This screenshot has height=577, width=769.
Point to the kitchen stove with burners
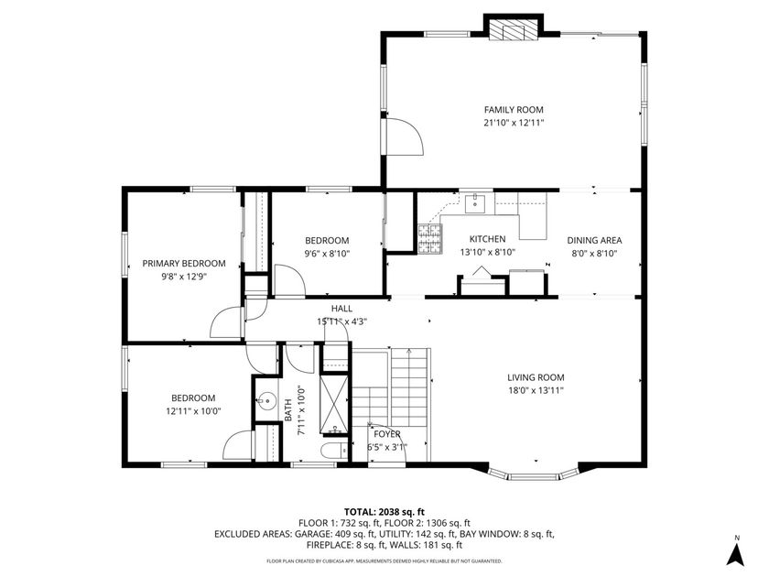point(429,239)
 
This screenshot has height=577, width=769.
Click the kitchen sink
point(475,203)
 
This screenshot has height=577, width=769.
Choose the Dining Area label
point(595,240)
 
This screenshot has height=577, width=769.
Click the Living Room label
point(536,377)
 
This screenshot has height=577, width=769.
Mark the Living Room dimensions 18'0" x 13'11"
point(536,390)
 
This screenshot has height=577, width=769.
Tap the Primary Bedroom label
point(183,264)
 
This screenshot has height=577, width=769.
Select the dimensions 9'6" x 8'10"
point(327,254)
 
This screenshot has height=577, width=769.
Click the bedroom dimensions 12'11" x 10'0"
point(193,411)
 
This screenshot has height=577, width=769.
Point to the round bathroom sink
point(266,399)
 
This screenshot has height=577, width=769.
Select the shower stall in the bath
point(334,403)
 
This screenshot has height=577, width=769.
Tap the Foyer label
point(385,434)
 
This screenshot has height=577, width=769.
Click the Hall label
point(341,310)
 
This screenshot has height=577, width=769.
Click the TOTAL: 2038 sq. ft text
point(384,512)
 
